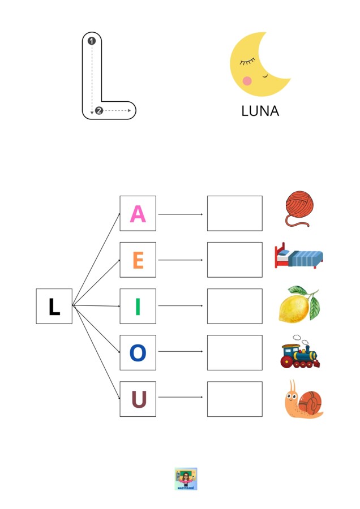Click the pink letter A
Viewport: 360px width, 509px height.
[138, 214]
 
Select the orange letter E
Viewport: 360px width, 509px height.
[138, 260]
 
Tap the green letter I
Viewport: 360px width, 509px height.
[138, 307]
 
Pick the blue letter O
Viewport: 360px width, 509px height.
[138, 353]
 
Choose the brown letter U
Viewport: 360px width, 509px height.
[139, 399]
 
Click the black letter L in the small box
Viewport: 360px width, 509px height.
[54, 307]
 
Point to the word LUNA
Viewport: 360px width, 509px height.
[260, 111]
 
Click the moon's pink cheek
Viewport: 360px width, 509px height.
[247, 80]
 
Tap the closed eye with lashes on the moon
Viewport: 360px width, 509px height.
[247, 61]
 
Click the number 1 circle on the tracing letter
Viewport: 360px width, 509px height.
[92, 41]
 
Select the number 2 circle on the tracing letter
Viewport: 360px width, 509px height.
[99, 111]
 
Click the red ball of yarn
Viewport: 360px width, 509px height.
[299, 208]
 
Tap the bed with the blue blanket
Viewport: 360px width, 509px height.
[299, 256]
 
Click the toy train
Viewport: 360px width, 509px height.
[300, 352]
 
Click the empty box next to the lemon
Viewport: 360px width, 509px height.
[234, 306]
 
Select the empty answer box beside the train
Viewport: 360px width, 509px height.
[234, 352]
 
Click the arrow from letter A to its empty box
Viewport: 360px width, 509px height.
[181, 214]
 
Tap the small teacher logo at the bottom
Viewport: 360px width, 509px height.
[186, 479]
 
